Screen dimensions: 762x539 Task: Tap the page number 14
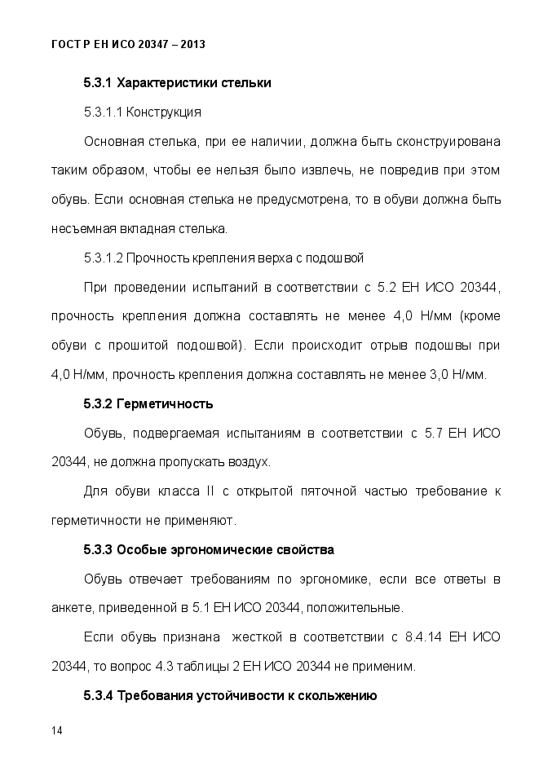(x=56, y=729)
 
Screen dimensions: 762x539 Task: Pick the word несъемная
(x=80, y=228)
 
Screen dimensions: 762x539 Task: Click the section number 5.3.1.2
(x=103, y=258)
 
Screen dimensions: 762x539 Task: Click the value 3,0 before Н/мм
(x=443, y=375)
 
